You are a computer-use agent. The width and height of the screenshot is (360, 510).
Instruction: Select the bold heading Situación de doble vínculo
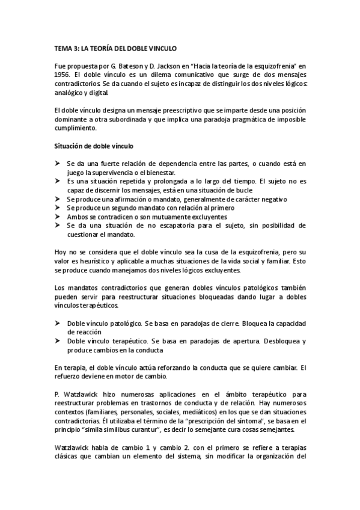tap(94, 146)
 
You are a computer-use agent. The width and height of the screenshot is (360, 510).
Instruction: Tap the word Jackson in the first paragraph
tap(167, 66)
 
